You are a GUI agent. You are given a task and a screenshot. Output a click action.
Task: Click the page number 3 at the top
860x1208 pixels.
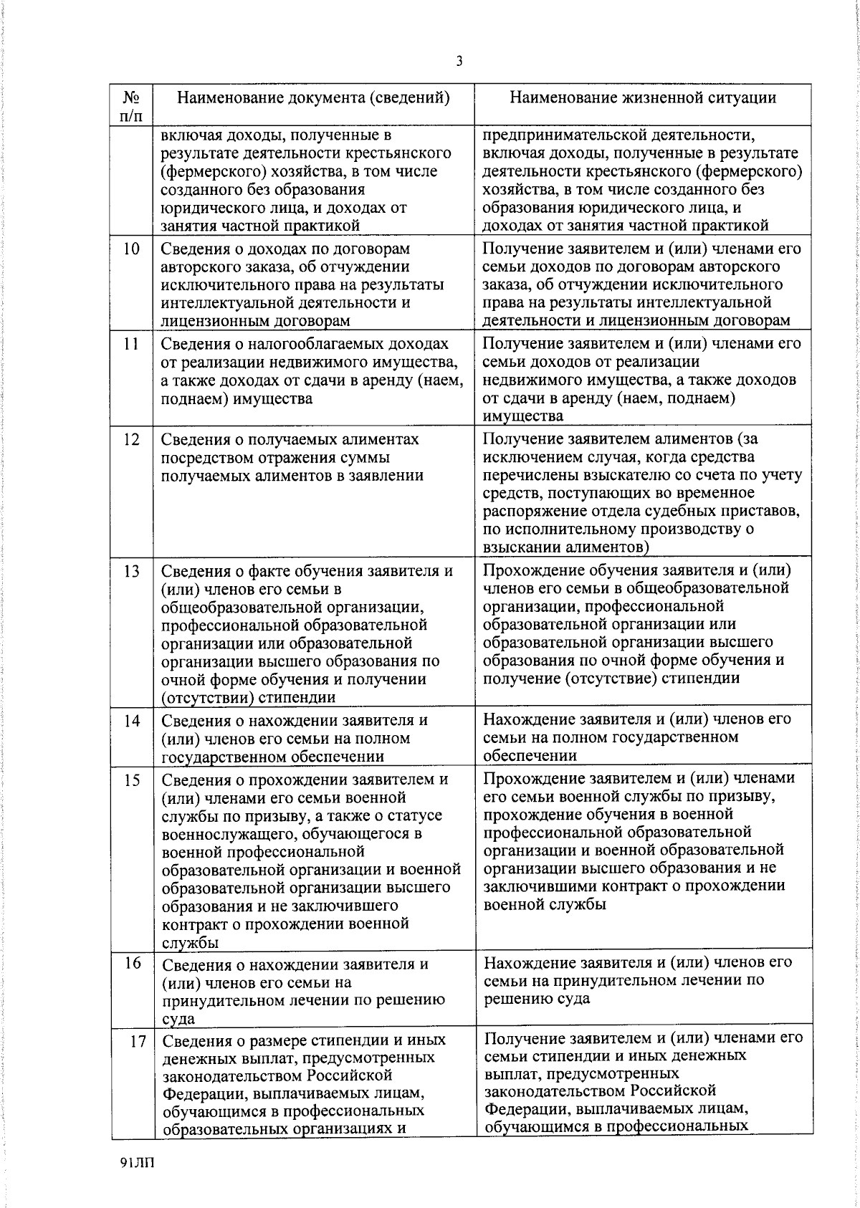[459, 61]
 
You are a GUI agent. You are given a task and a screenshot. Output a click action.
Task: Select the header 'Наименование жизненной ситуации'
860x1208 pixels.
[642, 98]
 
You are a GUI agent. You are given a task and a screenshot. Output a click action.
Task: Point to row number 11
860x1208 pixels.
[130, 344]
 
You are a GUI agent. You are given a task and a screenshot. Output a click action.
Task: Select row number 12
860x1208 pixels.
[130, 439]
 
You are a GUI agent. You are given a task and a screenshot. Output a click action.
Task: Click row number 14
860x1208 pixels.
[130, 721]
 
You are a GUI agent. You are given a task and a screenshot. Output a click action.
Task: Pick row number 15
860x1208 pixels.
[130, 780]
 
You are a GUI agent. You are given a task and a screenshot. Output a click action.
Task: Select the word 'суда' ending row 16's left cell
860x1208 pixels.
[178, 1019]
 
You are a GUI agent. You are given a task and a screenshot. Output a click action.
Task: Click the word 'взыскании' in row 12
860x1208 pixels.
[521, 547]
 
